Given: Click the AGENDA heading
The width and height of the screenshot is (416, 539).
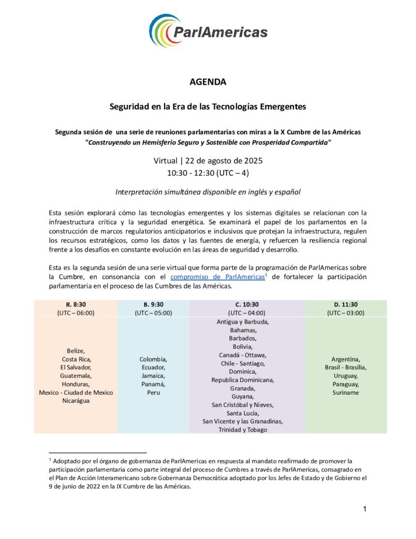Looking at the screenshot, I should (x=208, y=82).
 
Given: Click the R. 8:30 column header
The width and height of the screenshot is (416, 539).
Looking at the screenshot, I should (x=76, y=304).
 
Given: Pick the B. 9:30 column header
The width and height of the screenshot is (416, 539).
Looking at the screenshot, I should (x=154, y=304).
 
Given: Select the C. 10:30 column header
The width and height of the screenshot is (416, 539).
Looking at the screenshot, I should (x=247, y=304).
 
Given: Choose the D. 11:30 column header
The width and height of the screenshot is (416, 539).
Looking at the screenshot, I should (x=346, y=304).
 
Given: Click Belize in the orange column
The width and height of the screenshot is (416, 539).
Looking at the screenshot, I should (x=76, y=351).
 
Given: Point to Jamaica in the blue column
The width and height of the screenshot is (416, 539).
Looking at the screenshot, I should (x=154, y=376).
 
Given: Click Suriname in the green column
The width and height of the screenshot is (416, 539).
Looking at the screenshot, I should (x=346, y=393).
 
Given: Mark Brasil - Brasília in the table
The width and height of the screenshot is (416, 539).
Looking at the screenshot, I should (x=346, y=367).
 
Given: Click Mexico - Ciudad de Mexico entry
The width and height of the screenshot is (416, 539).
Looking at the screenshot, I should (x=76, y=393).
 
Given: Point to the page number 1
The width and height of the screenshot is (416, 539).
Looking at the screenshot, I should (x=364, y=509).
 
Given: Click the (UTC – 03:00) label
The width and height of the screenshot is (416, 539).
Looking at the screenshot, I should (x=346, y=313).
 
